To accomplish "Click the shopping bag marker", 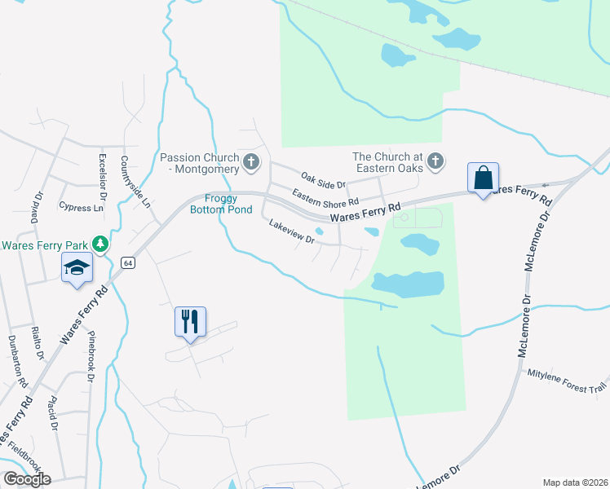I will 483,178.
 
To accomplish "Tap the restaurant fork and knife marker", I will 190,321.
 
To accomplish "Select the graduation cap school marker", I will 77,268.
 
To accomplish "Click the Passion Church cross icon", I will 251,163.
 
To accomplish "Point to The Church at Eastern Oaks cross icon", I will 435,161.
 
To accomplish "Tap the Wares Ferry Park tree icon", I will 99,244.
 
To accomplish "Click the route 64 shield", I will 128,262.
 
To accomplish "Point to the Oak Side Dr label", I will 324,179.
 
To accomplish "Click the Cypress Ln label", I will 82,208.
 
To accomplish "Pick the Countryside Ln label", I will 136,181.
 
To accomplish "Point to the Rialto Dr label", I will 36,343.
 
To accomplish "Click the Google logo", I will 26,479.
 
